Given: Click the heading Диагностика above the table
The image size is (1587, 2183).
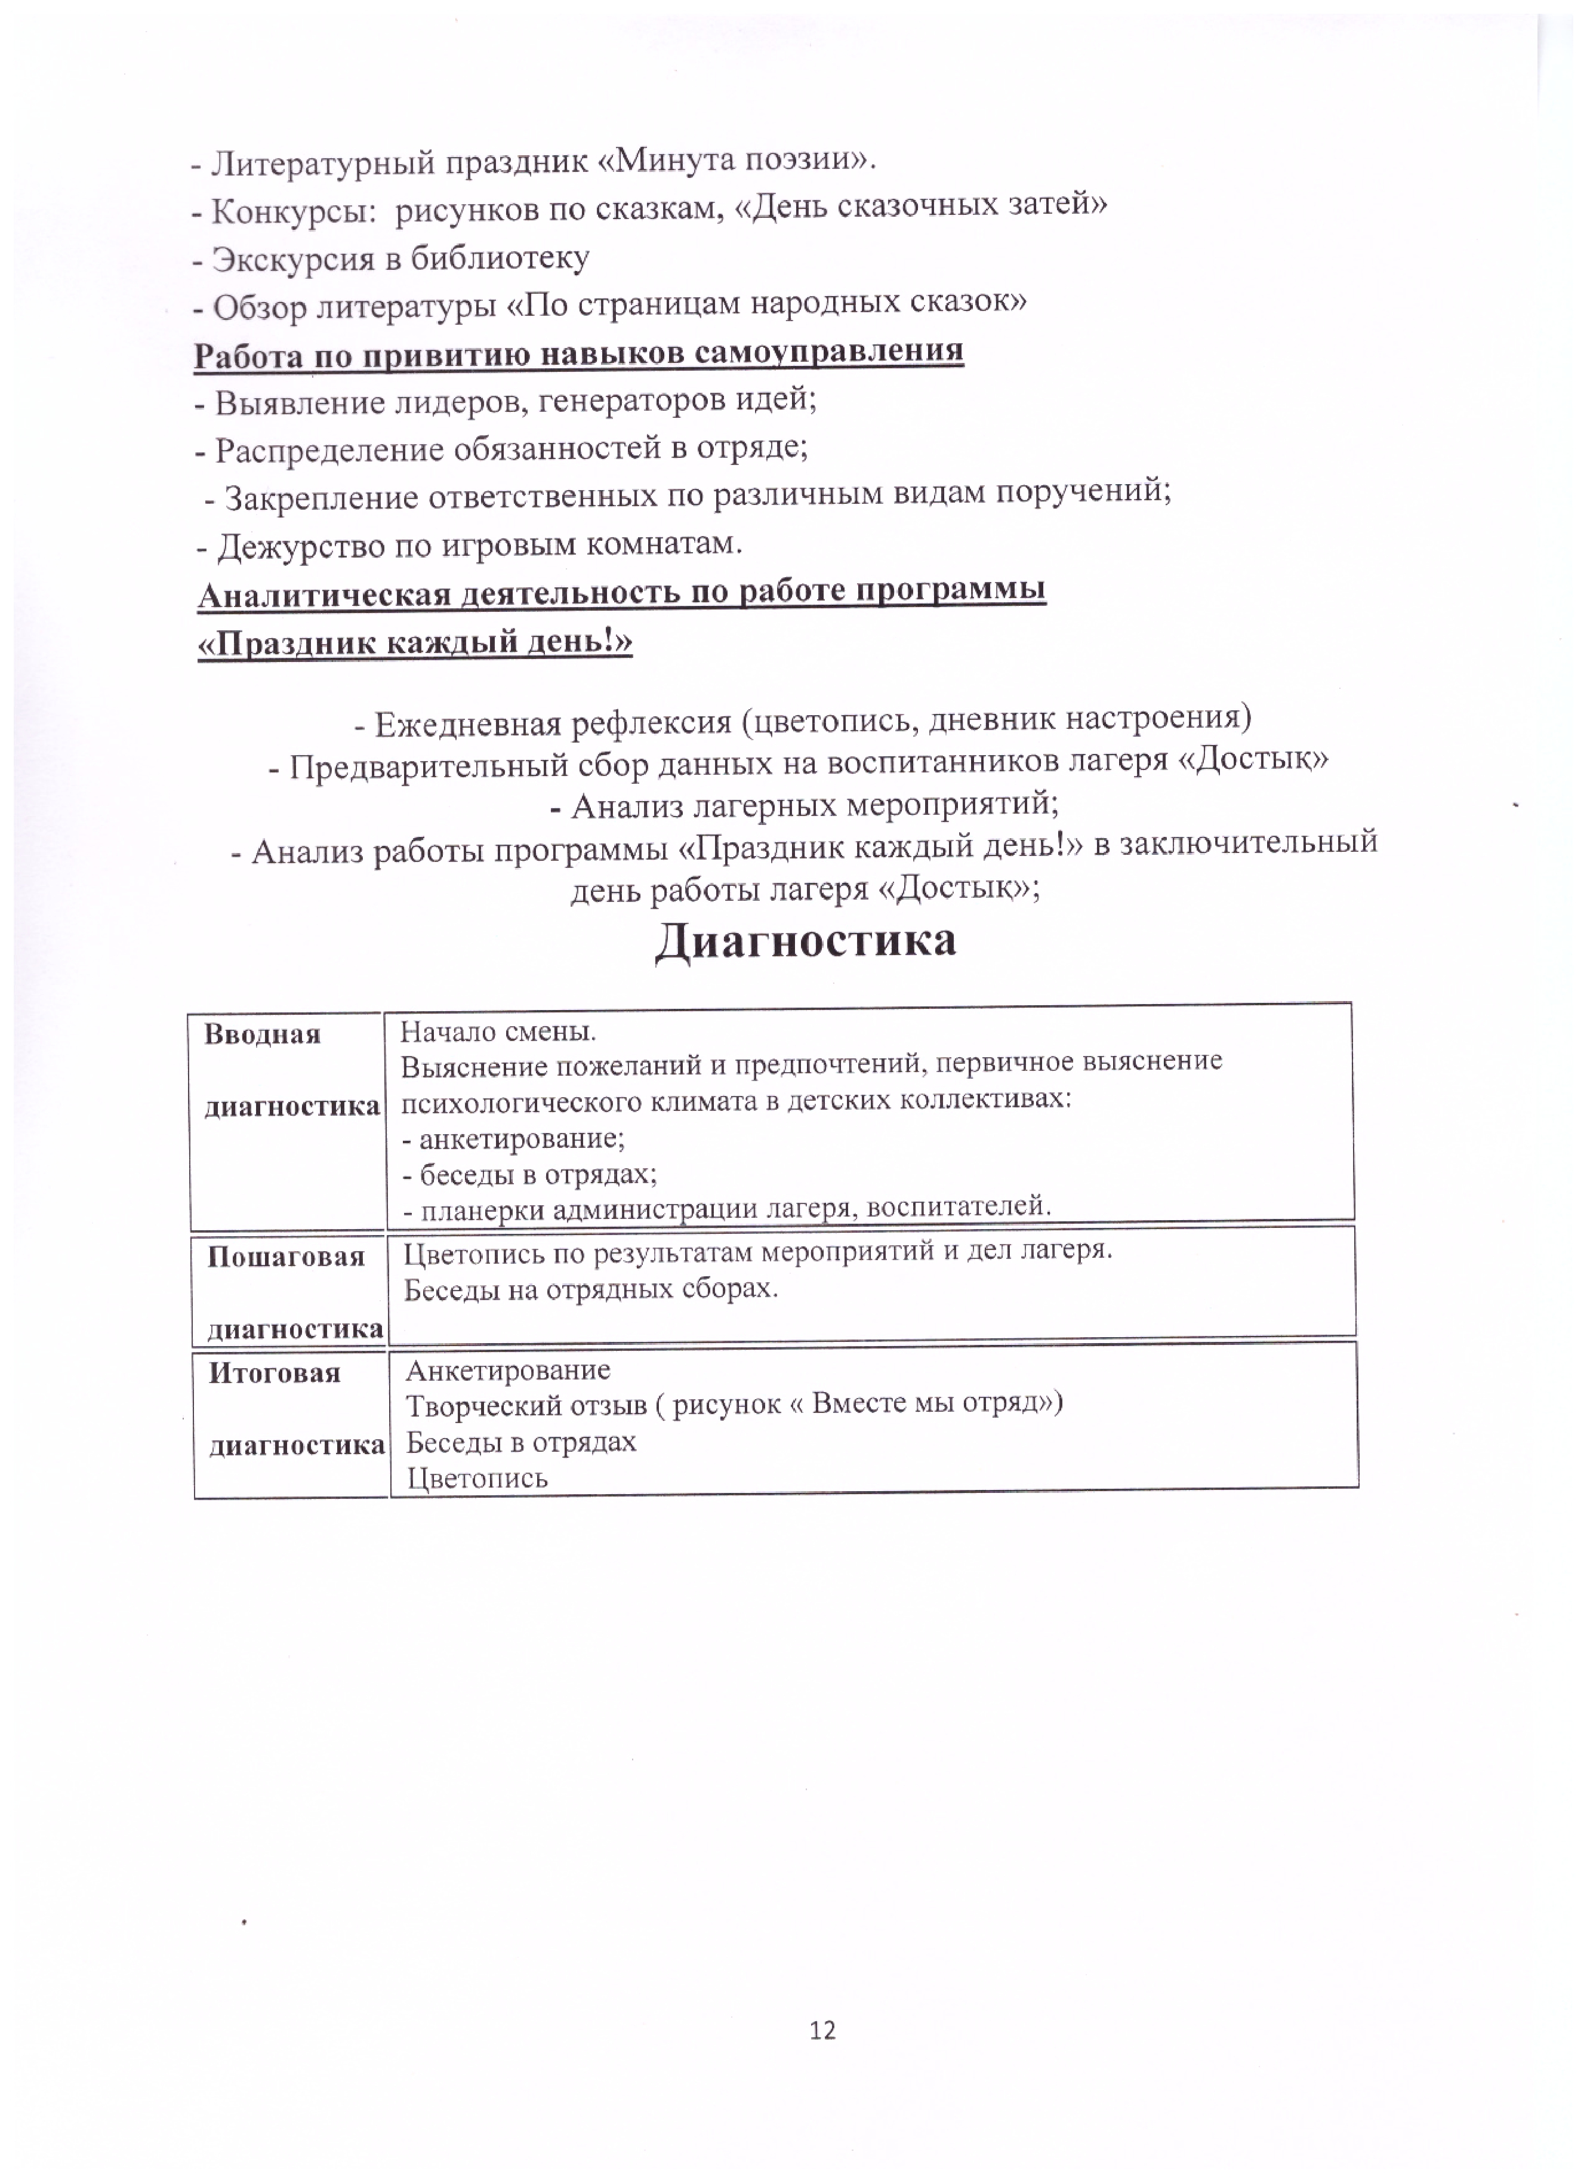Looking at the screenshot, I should point(806,940).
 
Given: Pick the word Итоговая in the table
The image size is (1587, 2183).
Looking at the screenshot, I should point(275,1372).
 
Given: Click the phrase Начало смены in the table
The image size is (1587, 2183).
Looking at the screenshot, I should point(498,1032).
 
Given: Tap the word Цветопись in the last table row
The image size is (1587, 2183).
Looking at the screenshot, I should point(477,1479).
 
